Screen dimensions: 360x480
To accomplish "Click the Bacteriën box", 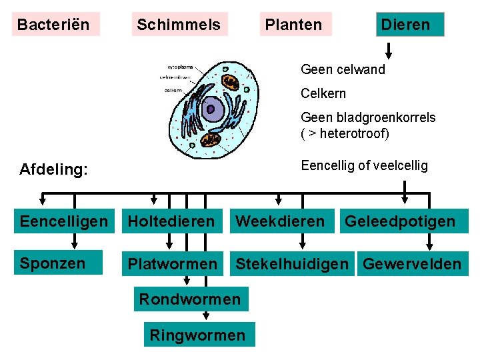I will pos(55,25).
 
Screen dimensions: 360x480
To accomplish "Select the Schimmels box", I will pos(179,25).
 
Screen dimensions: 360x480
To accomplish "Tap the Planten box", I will pos(293,25).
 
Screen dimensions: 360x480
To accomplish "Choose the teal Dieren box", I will pos(405,25).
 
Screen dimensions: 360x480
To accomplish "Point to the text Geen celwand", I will pos(343,69).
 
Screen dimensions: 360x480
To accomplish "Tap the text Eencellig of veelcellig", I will pos(364,165).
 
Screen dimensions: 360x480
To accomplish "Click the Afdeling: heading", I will pos(53,169).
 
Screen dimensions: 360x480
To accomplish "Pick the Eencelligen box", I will pos(63,221).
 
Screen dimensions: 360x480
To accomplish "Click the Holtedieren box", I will pos(171,221).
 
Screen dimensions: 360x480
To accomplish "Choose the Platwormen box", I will pos(173,264).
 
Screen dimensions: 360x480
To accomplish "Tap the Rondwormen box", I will pos(189,299).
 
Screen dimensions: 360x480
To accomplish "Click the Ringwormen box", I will pos(197,335).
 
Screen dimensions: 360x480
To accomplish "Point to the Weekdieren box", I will pos(281,221).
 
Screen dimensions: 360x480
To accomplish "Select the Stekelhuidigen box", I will pos(292,264).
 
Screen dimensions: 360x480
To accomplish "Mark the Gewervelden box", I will pos(411,264).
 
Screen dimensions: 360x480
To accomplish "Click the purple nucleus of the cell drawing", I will pos(213,108).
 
